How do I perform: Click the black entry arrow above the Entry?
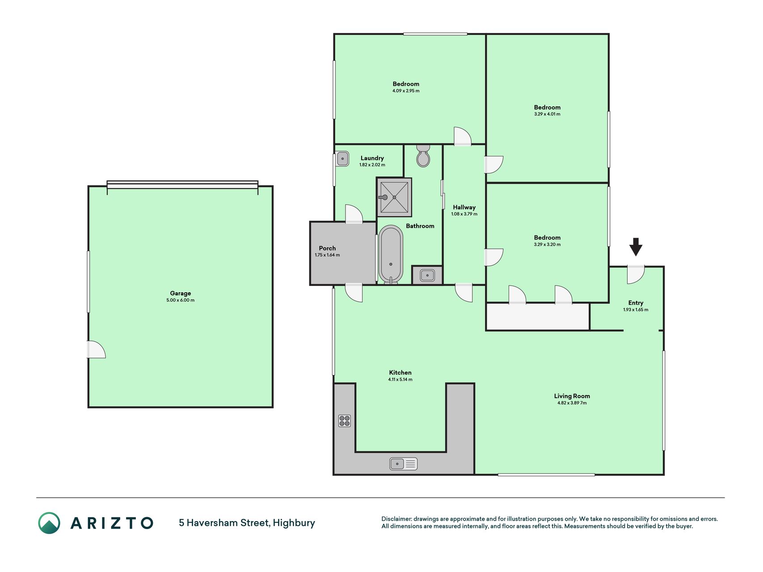click(636, 247)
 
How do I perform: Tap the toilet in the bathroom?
click(423, 156)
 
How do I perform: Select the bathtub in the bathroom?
click(391, 255)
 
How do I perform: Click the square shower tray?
click(394, 197)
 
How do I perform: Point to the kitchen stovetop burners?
click(344, 421)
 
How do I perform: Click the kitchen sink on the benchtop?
click(403, 464)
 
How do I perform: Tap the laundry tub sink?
click(343, 159)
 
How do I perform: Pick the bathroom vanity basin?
click(427, 275)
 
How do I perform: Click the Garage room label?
click(181, 293)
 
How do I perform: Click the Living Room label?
click(572, 396)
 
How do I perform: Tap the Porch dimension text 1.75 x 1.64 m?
click(327, 255)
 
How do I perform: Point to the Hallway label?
click(464, 207)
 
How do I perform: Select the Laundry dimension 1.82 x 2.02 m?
click(372, 165)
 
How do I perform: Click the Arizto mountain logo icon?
click(49, 523)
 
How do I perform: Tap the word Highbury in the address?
click(294, 523)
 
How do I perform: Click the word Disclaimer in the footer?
click(396, 519)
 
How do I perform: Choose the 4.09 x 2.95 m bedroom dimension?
click(406, 91)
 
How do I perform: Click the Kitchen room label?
click(400, 373)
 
